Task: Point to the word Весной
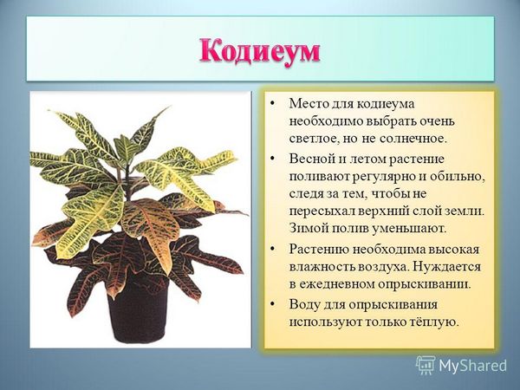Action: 309,159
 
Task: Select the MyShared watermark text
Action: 473,366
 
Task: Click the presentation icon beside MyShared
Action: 426,366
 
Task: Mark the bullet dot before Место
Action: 272,104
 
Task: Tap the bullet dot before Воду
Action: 272,305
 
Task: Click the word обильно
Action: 458,177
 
